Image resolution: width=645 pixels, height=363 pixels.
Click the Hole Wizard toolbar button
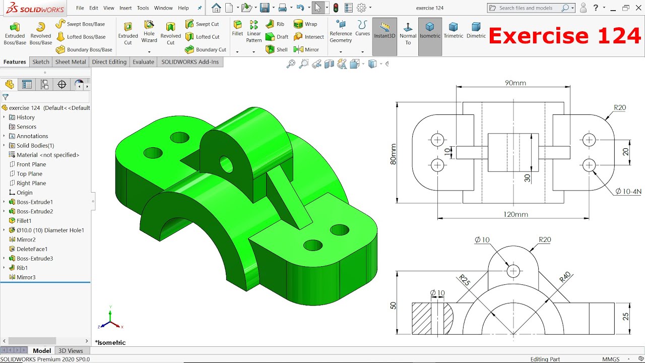[149, 31]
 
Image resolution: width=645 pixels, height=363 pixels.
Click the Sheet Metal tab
[71, 62]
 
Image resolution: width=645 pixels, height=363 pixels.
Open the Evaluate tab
[143, 62]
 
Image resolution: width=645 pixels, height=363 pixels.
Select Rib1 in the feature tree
[22, 268]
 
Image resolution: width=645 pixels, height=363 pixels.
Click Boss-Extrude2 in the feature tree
[34, 211]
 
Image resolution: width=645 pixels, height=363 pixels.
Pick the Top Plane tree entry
[29, 173]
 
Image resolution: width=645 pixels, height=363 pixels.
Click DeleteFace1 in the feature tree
[32, 249]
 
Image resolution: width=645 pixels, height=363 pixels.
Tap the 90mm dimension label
[515, 83]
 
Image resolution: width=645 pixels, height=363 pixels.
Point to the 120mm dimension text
[515, 214]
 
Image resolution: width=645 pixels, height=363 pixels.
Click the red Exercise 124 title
[564, 36]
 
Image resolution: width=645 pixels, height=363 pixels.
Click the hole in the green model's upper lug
[225, 163]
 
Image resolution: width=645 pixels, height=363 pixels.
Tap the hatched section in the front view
[422, 319]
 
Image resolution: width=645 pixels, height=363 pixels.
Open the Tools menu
[143, 8]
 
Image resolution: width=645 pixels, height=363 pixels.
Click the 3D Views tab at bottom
[71, 351]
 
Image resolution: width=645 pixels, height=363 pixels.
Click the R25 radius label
[464, 281]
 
